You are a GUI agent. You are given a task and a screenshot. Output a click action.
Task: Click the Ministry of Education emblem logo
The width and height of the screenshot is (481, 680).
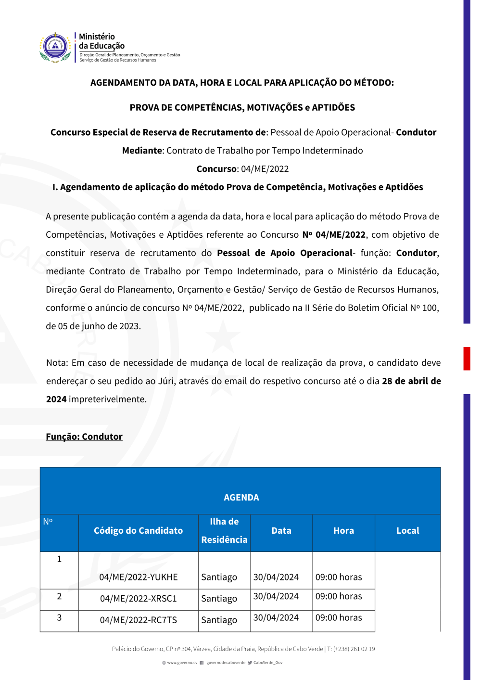click(55, 47)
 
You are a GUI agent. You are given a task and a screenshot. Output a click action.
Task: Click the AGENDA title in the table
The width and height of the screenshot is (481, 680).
click(241, 497)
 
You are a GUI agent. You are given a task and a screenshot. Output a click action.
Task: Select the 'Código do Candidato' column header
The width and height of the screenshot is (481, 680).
click(138, 530)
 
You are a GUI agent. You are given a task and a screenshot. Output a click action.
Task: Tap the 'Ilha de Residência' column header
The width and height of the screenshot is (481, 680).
click(224, 530)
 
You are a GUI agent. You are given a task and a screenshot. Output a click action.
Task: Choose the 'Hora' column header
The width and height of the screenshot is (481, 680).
click(343, 530)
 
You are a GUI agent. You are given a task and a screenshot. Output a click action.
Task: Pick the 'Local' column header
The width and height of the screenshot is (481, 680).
click(407, 530)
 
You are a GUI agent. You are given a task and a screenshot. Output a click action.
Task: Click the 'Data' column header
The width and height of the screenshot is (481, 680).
click(281, 530)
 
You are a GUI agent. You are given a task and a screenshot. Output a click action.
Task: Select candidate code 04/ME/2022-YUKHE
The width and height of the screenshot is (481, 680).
click(139, 577)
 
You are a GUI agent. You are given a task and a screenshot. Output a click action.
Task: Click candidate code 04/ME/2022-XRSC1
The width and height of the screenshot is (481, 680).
click(139, 599)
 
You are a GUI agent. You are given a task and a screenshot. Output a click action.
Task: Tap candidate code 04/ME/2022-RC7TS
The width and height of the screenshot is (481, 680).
click(139, 620)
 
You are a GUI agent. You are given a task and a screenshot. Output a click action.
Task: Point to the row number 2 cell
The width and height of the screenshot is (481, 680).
click(59, 596)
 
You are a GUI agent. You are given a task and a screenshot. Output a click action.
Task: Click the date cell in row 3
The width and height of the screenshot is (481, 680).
click(276, 617)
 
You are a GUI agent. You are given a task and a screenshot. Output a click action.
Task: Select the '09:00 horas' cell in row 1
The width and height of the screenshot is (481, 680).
click(339, 577)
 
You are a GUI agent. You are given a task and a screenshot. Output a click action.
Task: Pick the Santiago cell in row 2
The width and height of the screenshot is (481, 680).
click(219, 599)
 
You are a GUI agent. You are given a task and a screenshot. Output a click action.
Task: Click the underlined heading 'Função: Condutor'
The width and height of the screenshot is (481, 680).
click(84, 436)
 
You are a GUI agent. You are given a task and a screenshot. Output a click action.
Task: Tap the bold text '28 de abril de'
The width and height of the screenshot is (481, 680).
click(411, 381)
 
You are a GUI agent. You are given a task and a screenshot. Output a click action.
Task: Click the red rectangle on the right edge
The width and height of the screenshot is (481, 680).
click(467, 359)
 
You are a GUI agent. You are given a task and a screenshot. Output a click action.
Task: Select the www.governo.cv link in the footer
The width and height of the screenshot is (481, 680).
click(182, 663)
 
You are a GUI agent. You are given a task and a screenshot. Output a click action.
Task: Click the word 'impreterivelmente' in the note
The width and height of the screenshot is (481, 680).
click(107, 399)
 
